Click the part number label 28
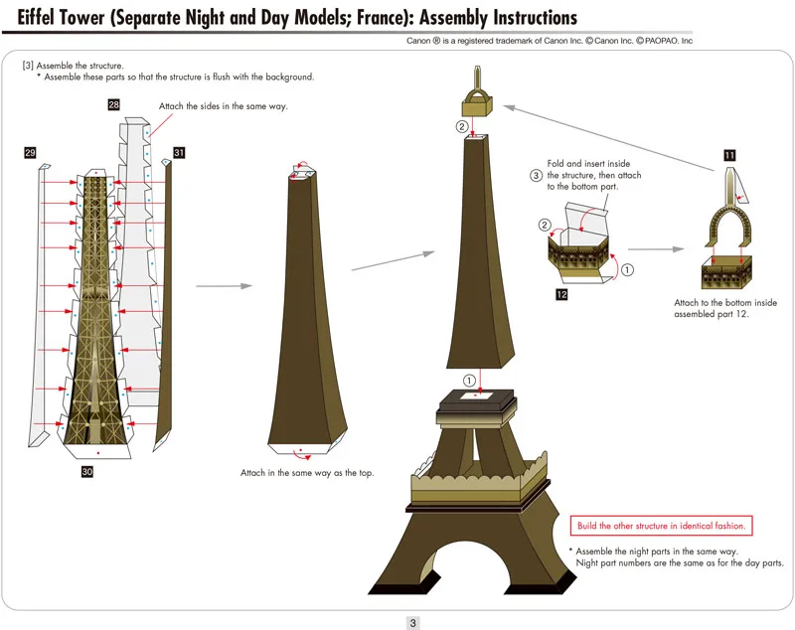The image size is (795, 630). (x=114, y=104)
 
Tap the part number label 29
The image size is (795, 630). (x=30, y=152)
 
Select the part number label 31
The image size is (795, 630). (x=179, y=152)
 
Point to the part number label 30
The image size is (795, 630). (x=87, y=473)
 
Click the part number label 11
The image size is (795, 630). (x=729, y=155)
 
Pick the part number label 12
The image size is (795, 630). (x=562, y=295)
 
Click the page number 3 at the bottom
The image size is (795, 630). (x=412, y=623)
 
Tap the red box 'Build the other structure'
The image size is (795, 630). (x=660, y=525)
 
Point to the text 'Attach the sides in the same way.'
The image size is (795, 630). (x=224, y=106)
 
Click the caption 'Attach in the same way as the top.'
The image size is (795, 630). (x=307, y=473)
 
